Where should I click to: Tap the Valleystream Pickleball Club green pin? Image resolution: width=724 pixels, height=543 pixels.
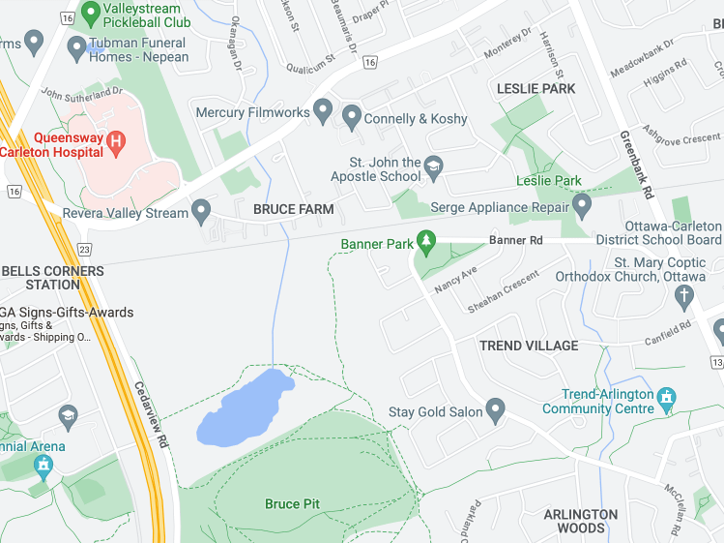[x=91, y=14]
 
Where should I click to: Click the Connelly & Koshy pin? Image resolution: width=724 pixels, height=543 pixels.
[x=351, y=118]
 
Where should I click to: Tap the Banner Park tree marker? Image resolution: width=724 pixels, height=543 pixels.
[x=425, y=242]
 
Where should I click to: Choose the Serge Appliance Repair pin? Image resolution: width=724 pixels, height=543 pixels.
[x=582, y=206]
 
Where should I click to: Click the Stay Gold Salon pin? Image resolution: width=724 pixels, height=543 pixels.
[x=496, y=410]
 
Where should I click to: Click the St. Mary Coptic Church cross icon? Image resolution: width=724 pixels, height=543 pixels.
[x=684, y=295]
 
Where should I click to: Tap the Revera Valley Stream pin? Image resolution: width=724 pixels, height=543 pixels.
[x=201, y=211]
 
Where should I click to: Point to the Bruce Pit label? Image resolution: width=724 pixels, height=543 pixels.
[x=292, y=504]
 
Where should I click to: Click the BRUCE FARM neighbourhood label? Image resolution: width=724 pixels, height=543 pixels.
[x=293, y=209]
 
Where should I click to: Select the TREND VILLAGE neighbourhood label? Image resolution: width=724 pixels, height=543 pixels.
[x=529, y=346]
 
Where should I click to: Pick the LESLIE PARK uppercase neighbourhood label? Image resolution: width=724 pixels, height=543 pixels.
[x=536, y=88]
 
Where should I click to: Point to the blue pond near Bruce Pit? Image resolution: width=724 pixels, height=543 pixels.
[x=242, y=407]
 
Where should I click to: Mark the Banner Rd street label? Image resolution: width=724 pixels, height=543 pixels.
[x=516, y=239]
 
